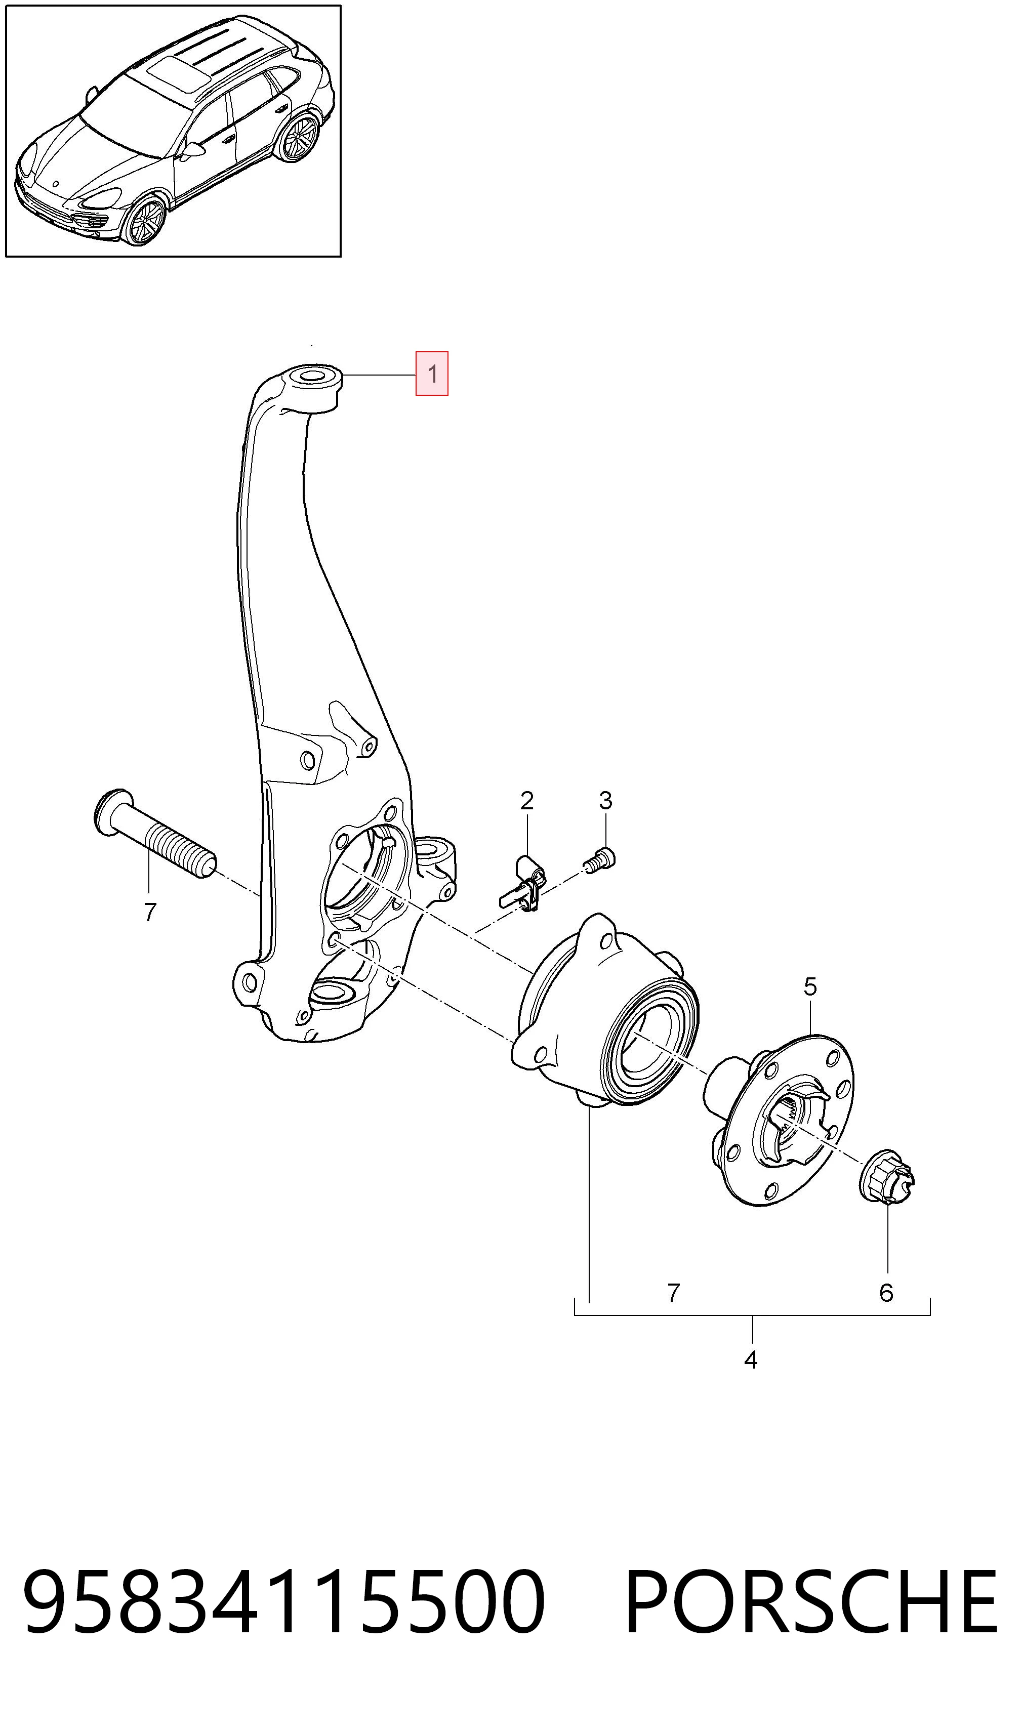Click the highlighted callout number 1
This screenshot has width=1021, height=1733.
432,374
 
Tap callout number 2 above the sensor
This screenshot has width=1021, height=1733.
526,801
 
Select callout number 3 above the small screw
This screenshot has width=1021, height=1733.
605,801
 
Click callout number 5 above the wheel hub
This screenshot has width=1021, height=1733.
810,987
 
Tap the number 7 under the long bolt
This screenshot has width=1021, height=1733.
150,912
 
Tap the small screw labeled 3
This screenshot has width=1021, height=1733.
600,859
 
